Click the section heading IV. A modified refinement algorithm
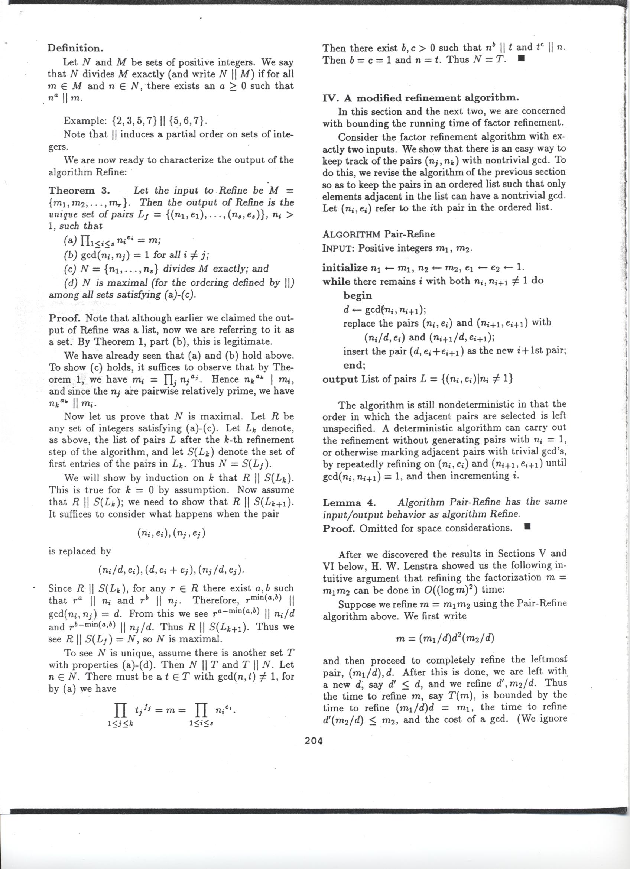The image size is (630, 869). pos(420,98)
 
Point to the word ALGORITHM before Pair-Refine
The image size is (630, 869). pos(352,234)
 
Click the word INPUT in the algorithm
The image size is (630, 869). pos(338,248)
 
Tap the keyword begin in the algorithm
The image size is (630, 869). pos(358,295)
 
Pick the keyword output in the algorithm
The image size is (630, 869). pos(340,379)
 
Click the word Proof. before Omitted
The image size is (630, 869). pos(339,528)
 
